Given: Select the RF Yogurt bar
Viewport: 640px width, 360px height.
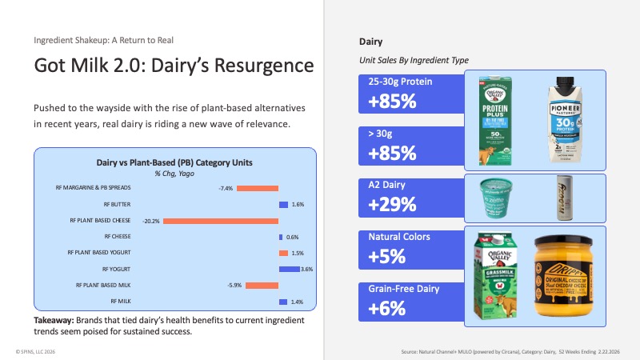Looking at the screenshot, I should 289,269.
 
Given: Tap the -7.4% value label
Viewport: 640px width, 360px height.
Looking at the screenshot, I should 226,188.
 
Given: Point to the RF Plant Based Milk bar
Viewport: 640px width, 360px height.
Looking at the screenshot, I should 262,286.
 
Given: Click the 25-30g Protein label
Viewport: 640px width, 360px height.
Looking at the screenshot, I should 401,82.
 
